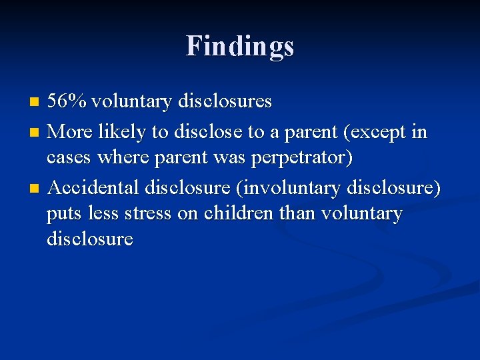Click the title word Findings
pyautogui.click(x=240, y=46)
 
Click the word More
pyautogui.click(x=71, y=132)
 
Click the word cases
pyautogui.click(x=70, y=159)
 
